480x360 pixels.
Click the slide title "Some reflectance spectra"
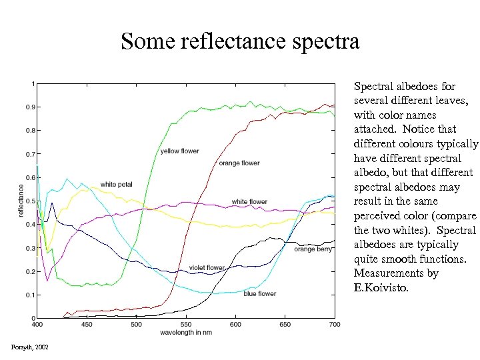click(x=240, y=42)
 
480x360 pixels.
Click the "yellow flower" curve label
click(x=179, y=151)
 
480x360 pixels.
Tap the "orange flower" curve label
click(x=239, y=163)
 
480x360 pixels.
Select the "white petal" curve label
click(x=116, y=185)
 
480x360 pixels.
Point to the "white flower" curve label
click(x=249, y=202)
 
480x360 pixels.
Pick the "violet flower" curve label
click(x=207, y=267)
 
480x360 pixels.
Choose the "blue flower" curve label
click(x=259, y=293)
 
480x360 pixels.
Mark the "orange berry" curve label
click(x=313, y=249)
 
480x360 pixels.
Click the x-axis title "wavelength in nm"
click(x=186, y=332)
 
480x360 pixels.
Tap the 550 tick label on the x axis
click(x=186, y=325)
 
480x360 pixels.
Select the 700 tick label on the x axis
click(x=335, y=325)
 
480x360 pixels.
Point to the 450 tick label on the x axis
click(x=87, y=325)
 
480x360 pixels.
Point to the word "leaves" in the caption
click(x=453, y=100)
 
